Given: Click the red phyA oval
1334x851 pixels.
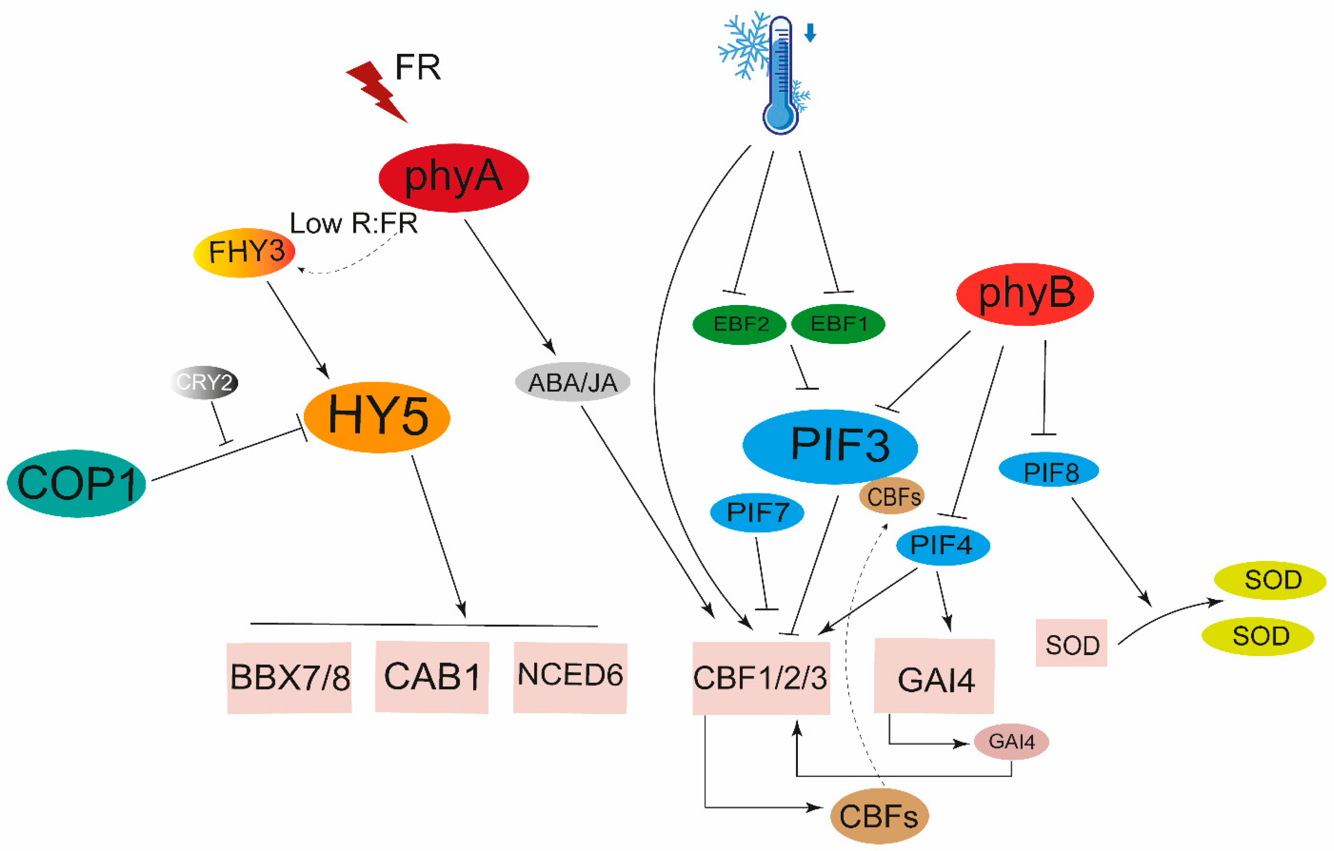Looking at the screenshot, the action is pos(454,178).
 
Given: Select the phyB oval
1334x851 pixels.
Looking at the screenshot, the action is pos(1025,294).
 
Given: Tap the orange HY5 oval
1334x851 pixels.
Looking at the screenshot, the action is pos(377,417).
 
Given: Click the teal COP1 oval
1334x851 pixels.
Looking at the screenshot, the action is pos(77,483).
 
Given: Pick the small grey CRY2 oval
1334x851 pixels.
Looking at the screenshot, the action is pos(204,382).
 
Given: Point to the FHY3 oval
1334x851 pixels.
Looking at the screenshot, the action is pos(244,253).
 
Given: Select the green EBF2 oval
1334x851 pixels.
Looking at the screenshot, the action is pos(739,324).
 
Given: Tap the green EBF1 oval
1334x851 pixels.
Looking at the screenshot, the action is pos(838,324).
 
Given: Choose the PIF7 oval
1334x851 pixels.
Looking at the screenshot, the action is pos(757,513).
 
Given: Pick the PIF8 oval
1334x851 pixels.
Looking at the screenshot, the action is pos(1049,470).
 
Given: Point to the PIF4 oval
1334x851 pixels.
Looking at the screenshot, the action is pos(943,545).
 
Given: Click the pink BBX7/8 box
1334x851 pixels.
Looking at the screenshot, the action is pos(290,678).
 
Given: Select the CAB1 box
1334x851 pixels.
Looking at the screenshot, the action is pos(432,677).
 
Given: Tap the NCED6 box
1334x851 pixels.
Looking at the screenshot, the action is pos(570,677).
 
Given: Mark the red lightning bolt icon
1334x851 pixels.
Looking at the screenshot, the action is pos(377,91).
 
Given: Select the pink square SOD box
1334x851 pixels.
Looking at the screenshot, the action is pos(1071,643).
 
